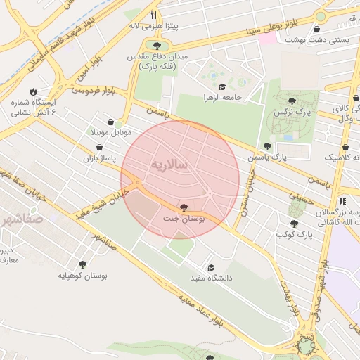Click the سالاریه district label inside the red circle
[169, 164]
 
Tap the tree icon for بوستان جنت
[184, 207]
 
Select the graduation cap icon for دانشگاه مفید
[210, 267]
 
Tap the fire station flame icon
[32, 91]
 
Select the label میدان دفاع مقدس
[158, 56]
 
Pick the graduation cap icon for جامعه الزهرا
[221, 86]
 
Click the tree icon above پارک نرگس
[292, 101]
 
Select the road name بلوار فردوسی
[92, 90]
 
